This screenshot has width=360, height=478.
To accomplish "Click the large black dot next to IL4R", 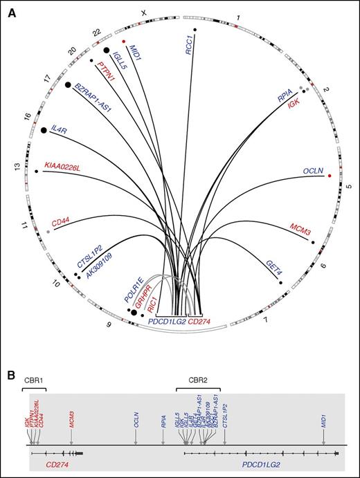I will click(44, 130).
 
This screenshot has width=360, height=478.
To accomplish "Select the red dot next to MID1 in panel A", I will click(124, 42).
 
